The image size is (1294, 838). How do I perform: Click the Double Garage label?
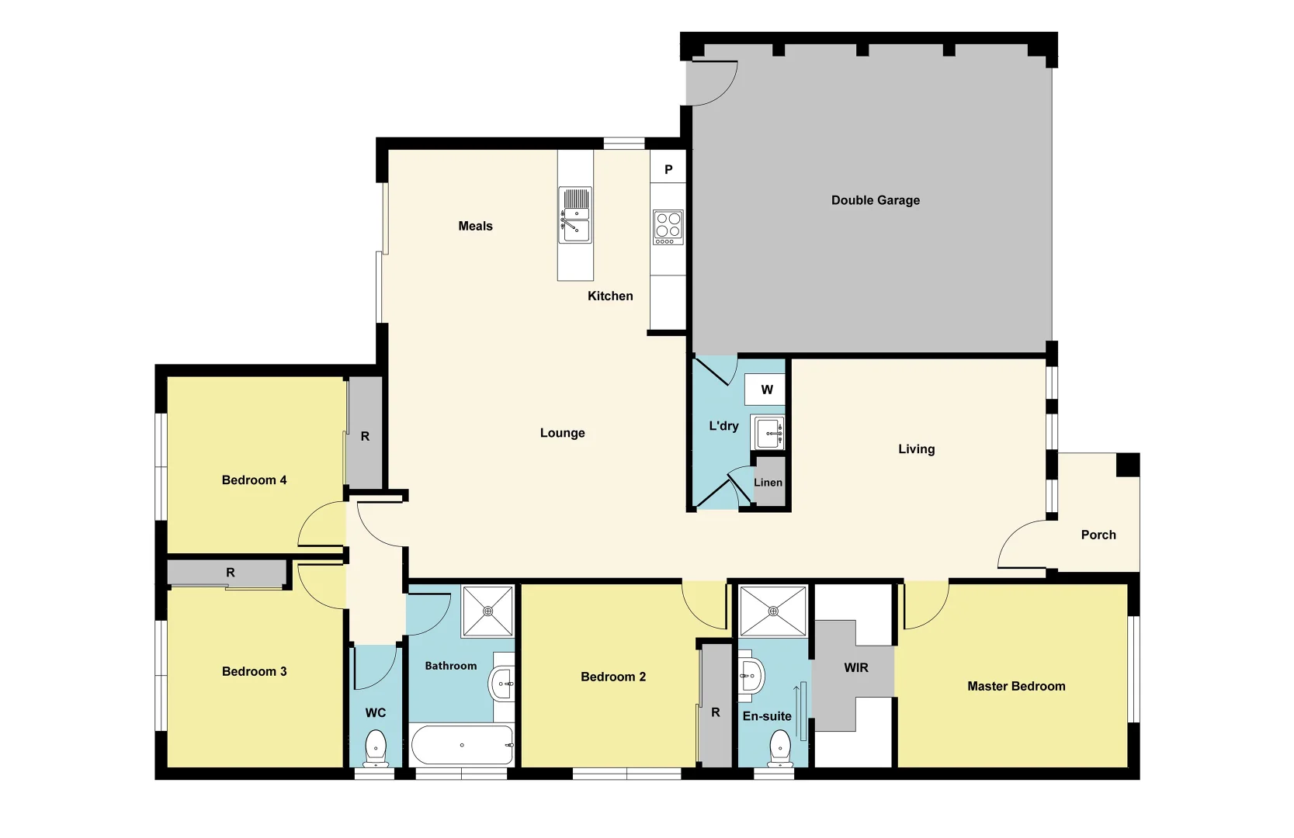pyautogui.click(x=875, y=200)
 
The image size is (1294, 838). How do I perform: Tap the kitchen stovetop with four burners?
pyautogui.click(x=668, y=227)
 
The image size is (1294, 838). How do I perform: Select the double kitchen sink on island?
pyautogui.click(x=576, y=216)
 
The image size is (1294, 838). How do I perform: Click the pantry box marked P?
pyautogui.click(x=668, y=169)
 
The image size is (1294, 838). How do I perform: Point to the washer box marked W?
pyautogui.click(x=766, y=390)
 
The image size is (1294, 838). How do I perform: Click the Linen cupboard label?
pyautogui.click(x=768, y=483)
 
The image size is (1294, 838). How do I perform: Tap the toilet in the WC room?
pyautogui.click(x=376, y=746)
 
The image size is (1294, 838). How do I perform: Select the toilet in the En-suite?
pyautogui.click(x=779, y=748)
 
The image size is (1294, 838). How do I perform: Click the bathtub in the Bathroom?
pyautogui.click(x=462, y=745)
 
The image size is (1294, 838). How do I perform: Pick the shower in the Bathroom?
pyautogui.click(x=488, y=611)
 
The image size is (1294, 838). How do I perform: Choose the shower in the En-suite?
pyautogui.click(x=773, y=611)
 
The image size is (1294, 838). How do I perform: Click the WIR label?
pyautogui.click(x=855, y=667)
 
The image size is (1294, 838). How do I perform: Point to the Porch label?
pyautogui.click(x=1098, y=535)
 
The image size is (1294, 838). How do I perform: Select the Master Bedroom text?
pyautogui.click(x=1015, y=686)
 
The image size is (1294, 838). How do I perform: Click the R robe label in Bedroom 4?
pyautogui.click(x=365, y=436)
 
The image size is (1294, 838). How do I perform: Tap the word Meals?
pyautogui.click(x=475, y=226)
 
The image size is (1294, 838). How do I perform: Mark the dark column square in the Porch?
pyautogui.click(x=1127, y=465)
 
